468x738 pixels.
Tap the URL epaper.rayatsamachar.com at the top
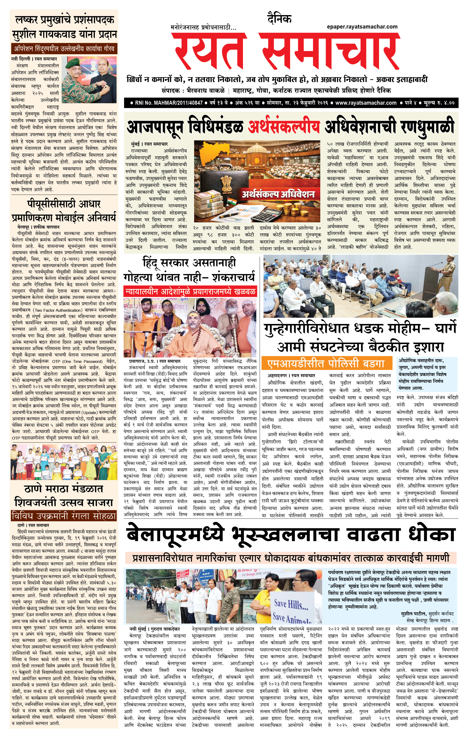pyautogui.click(x=362, y=27)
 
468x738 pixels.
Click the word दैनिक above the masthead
pyautogui.click(x=279, y=19)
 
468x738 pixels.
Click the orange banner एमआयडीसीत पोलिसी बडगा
pyautogui.click(x=327, y=364)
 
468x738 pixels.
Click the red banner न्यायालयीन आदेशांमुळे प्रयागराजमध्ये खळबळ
pyautogui.click(x=190, y=291)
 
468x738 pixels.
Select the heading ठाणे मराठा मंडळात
pyautogui.click(x=63, y=488)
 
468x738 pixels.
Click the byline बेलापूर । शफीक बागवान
pyautogui.click(x=38, y=227)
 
